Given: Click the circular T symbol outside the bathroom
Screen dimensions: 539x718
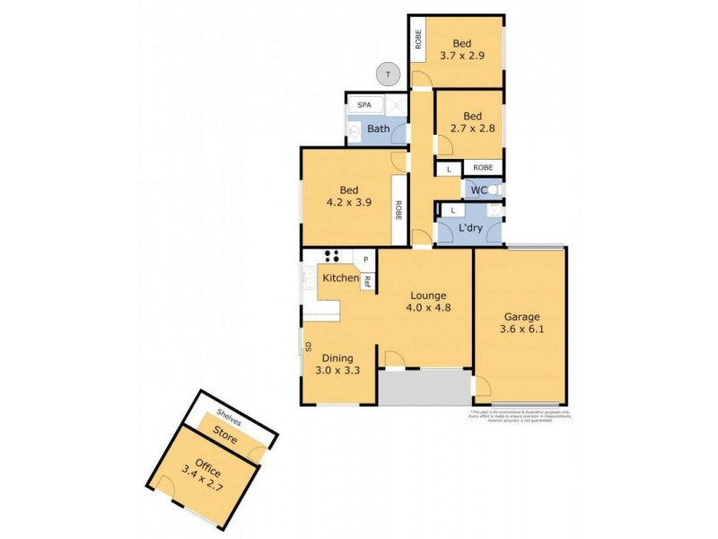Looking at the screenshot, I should pos(388,75).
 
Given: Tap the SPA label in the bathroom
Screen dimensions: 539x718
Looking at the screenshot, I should pos(364,105).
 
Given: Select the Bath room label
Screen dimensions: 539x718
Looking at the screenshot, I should pos(378,129).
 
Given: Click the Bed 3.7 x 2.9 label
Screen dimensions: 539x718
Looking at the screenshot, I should pos(462,49).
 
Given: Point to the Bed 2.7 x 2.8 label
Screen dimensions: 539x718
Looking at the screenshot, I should pos(472,122).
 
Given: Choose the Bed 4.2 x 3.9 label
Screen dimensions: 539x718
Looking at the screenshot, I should pos(349,196).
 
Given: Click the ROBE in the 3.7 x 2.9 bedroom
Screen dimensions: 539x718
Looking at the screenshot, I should pos(418,39).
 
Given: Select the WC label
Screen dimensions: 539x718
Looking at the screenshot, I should pos(480,190).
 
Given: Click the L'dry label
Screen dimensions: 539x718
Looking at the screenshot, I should pos(471,229).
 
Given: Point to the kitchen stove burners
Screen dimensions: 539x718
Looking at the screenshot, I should pos(331,256).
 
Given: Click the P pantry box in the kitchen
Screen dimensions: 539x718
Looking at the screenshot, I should pos(366,260).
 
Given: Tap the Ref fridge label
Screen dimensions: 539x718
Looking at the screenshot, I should pos(367,280).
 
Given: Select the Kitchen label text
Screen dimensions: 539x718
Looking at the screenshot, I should pos(340,278).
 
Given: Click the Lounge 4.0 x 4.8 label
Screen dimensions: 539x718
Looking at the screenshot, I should pos(430,301).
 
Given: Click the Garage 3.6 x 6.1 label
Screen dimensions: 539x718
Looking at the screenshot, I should pos(521,323).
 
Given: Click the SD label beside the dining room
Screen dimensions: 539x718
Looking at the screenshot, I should pos(307,346).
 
